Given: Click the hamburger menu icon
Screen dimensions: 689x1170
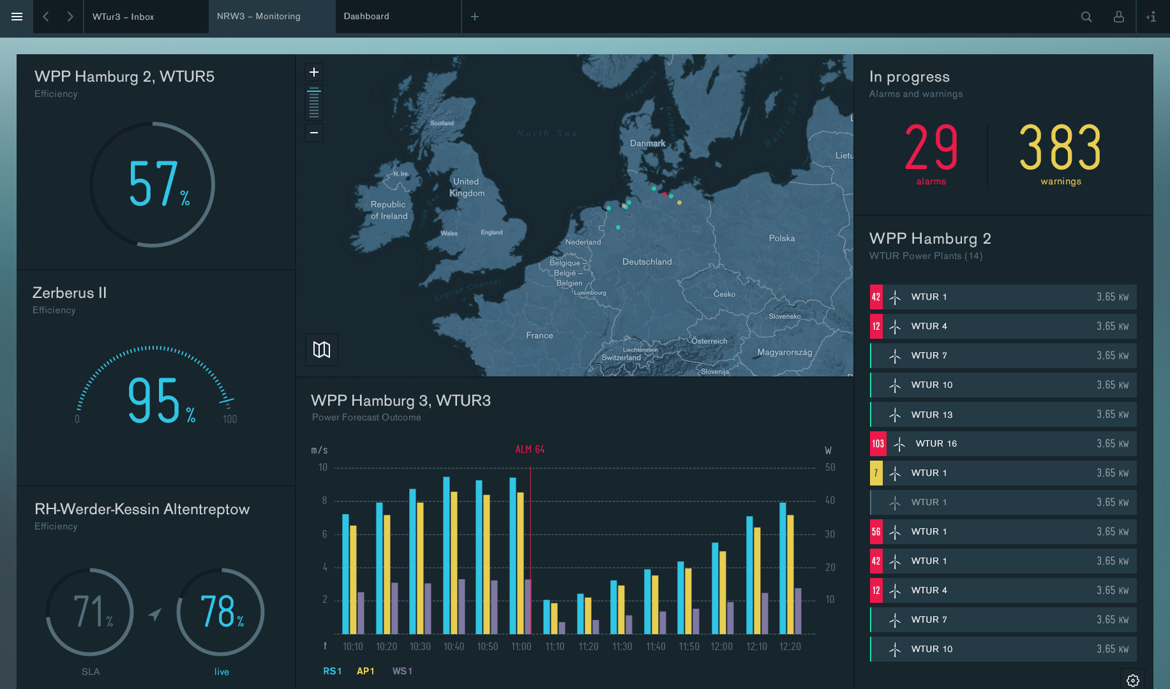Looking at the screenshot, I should click(17, 17).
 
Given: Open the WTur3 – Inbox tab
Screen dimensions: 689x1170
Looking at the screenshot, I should click(123, 17).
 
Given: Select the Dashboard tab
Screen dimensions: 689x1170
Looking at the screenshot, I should click(366, 17).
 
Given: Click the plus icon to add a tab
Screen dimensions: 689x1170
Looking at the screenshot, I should click(475, 17).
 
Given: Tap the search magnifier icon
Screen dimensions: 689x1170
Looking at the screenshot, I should click(1086, 17).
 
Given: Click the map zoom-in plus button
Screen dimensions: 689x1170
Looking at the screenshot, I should click(314, 72).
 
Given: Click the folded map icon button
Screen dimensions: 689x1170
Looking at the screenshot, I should click(322, 350).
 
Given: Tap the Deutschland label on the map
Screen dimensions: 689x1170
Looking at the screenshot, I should click(647, 262).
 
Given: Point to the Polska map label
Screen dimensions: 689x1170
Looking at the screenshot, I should click(781, 238).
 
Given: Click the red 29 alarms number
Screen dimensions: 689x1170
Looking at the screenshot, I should click(931, 147).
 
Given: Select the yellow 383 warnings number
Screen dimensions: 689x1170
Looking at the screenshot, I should click(1060, 147).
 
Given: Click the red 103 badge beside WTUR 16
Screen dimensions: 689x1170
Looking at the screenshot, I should click(878, 444).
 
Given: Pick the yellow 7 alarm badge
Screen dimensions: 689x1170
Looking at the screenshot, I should click(876, 473).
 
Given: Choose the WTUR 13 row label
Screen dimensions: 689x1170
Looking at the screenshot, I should click(931, 415).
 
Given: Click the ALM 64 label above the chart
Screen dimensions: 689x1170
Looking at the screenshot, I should click(530, 450).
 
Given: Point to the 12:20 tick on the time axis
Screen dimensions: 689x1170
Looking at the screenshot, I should click(790, 646).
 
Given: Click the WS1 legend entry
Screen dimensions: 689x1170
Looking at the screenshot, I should click(402, 671).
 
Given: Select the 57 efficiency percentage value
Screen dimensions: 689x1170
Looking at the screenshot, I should click(153, 184).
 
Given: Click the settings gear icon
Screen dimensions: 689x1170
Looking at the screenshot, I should click(1133, 680).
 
